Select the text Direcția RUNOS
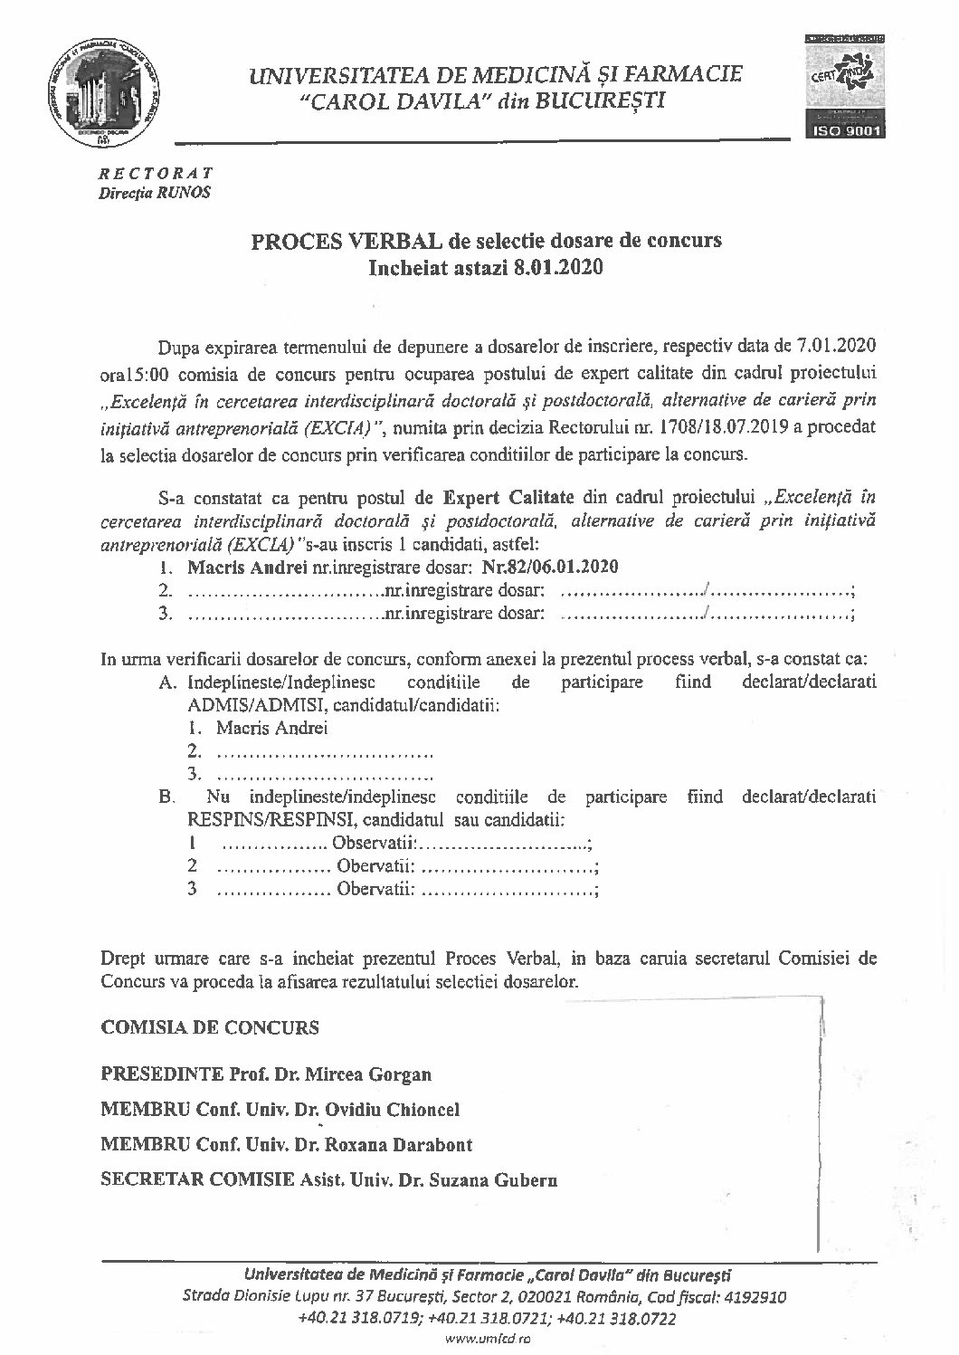tap(154, 192)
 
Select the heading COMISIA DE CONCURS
tap(210, 1028)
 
